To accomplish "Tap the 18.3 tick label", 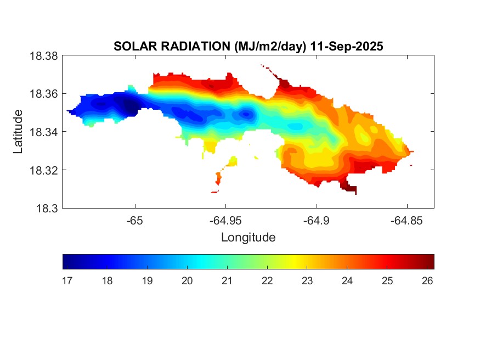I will click(x=46, y=208).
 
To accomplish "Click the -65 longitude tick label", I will click(x=135, y=220).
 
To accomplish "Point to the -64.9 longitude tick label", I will click(x=316, y=220).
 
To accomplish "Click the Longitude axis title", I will click(x=248, y=238).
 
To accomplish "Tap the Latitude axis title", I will click(x=19, y=132).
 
